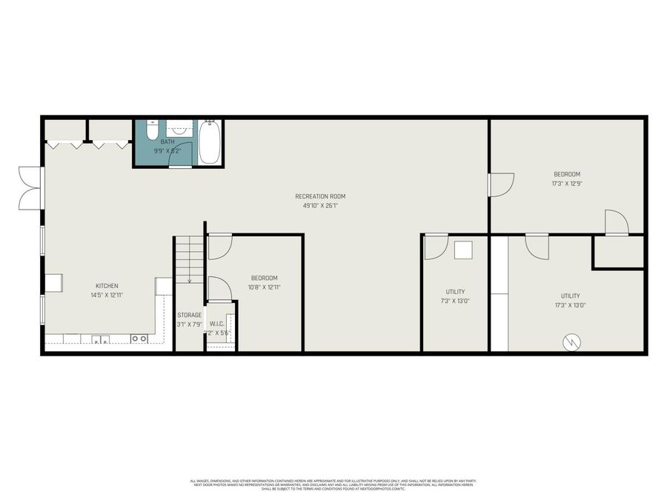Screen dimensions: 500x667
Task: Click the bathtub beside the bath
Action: [x=209, y=142]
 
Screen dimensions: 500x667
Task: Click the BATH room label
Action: [x=167, y=141]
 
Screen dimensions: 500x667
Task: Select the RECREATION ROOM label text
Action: [x=320, y=196]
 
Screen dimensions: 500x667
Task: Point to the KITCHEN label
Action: [x=107, y=286]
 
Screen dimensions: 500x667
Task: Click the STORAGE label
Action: [x=189, y=315]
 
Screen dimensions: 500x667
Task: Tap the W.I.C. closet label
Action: [x=217, y=323]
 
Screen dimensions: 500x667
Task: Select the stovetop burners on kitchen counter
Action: [x=139, y=339]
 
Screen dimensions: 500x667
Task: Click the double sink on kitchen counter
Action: [x=101, y=339]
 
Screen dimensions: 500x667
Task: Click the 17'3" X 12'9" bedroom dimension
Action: [x=565, y=184]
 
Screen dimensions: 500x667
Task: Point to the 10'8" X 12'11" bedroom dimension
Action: [x=264, y=287]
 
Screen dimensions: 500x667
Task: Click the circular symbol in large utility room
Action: [x=572, y=341]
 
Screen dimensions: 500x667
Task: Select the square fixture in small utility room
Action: [x=464, y=250]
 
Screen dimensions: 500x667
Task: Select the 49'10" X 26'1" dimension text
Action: [x=320, y=205]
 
